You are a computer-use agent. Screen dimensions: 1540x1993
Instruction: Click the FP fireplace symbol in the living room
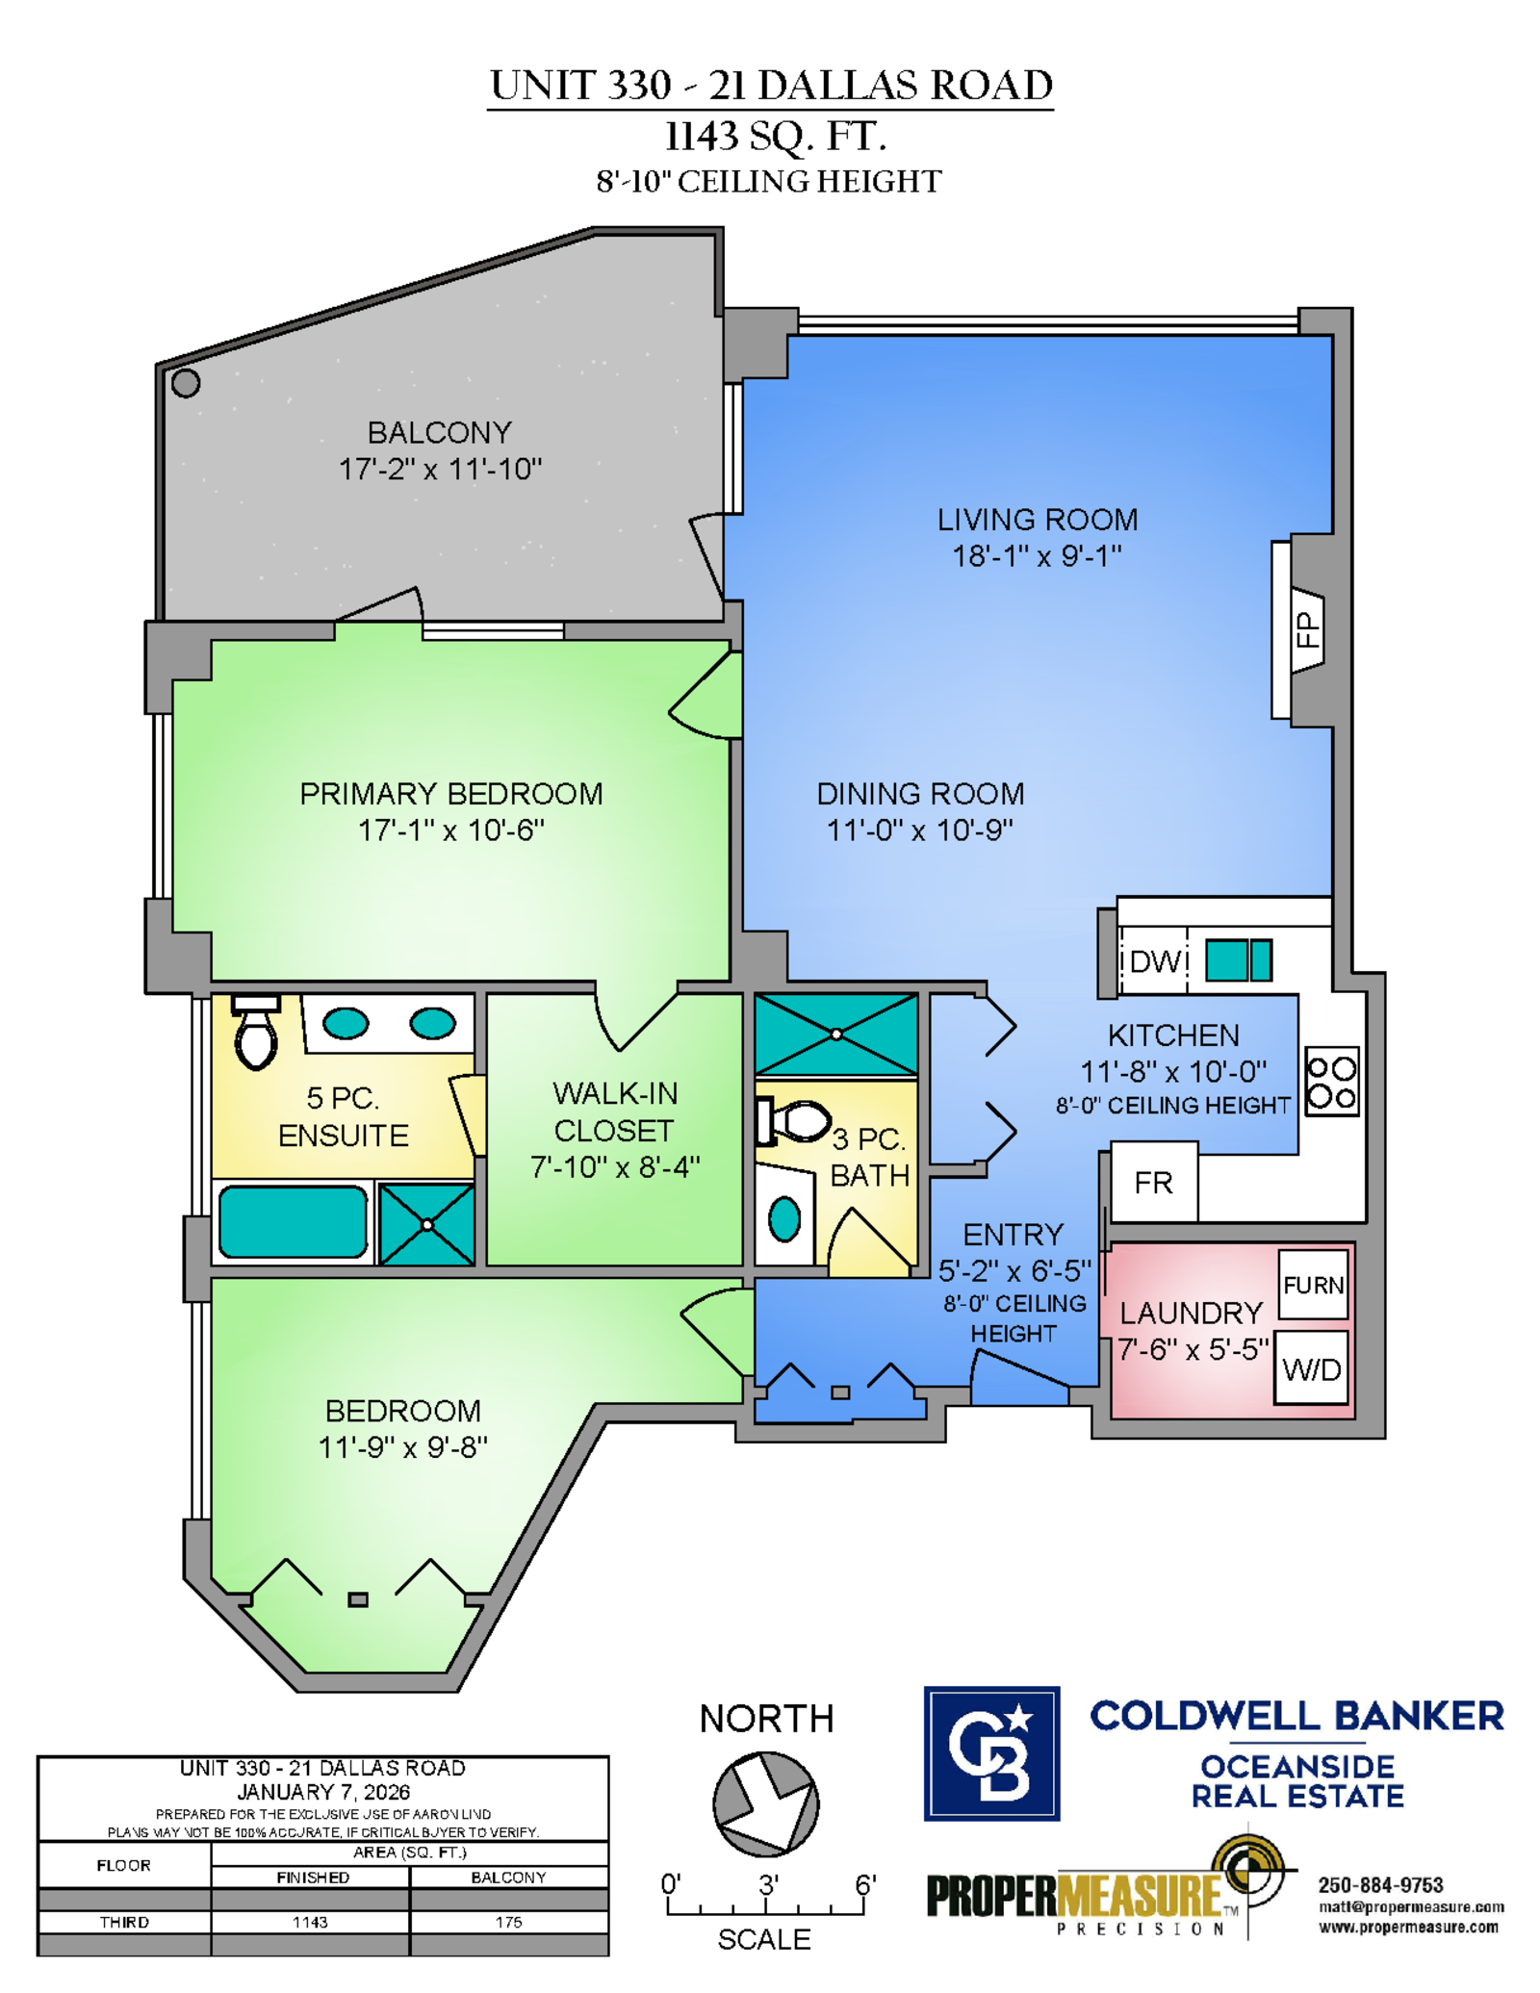pyautogui.click(x=1306, y=630)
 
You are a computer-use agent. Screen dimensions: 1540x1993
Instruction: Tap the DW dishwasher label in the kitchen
pyautogui.click(x=1154, y=960)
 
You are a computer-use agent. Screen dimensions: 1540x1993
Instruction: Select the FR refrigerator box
pyautogui.click(x=1154, y=1182)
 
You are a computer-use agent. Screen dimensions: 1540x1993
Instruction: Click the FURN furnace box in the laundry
pyautogui.click(x=1313, y=1284)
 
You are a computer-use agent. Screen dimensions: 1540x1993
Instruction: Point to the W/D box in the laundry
pyautogui.click(x=1311, y=1367)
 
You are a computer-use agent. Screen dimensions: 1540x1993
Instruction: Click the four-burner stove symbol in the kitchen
pyautogui.click(x=1332, y=1082)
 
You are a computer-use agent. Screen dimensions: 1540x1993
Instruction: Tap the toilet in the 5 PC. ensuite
pyautogui.click(x=256, y=1032)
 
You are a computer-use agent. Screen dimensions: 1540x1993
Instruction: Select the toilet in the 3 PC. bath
pyautogui.click(x=793, y=1121)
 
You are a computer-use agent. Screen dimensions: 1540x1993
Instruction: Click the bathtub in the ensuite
pyautogui.click(x=293, y=1222)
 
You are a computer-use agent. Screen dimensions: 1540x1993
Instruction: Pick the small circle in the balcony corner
pyautogui.click(x=186, y=383)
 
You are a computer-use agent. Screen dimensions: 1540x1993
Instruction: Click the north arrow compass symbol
pyautogui.click(x=765, y=1804)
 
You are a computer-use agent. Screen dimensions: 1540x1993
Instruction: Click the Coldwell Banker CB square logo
pyautogui.click(x=991, y=1753)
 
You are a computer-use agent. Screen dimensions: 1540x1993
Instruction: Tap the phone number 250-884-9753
pyautogui.click(x=1380, y=1885)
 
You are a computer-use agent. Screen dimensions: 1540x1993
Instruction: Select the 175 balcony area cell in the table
pyautogui.click(x=508, y=1922)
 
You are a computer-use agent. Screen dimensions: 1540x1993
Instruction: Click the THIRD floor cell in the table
pyautogui.click(x=124, y=1922)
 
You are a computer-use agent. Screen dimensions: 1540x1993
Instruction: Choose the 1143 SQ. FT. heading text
pyautogui.click(x=775, y=136)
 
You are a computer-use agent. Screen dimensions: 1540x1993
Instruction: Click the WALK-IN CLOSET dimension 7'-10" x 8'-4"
pyautogui.click(x=615, y=1167)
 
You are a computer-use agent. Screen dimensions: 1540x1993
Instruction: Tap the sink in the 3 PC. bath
pyautogui.click(x=784, y=1219)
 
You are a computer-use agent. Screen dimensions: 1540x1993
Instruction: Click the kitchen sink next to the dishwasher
pyautogui.click(x=1239, y=960)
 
